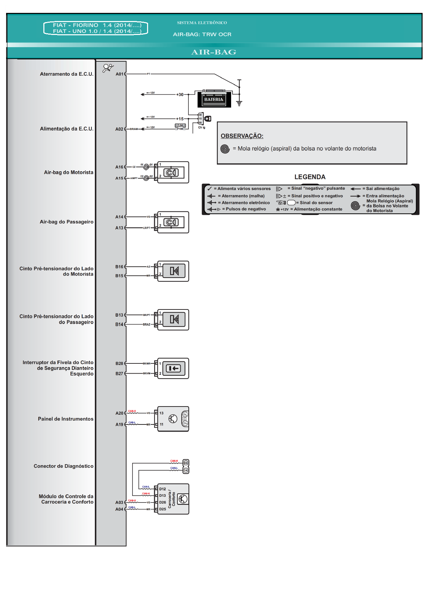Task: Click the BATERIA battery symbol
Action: pyautogui.click(x=214, y=99)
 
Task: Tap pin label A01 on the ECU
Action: pyautogui.click(x=119, y=74)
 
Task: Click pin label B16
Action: pyautogui.click(x=119, y=267)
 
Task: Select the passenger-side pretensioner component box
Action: pyautogui.click(x=174, y=319)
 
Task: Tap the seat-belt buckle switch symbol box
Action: pyautogui.click(x=174, y=368)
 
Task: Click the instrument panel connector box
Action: pyautogui.click(x=173, y=419)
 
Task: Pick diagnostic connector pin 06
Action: pyautogui.click(x=186, y=463)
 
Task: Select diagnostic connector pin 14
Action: pyautogui.click(x=186, y=470)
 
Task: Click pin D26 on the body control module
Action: pyautogui.click(x=163, y=502)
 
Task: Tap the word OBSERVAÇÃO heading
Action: pyautogui.click(x=242, y=136)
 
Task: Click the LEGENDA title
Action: pyautogui.click(x=310, y=177)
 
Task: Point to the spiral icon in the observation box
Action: pyautogui.click(x=225, y=149)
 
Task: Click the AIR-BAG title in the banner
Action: pyautogui.click(x=213, y=52)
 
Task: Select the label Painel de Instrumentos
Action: pyautogui.click(x=65, y=419)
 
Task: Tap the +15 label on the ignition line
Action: pyautogui.click(x=180, y=119)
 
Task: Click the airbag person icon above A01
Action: pyautogui.click(x=108, y=68)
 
